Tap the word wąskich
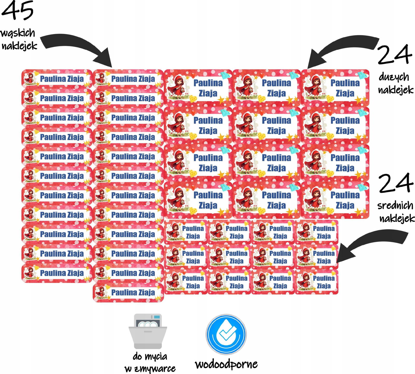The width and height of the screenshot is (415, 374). click(x=18, y=33)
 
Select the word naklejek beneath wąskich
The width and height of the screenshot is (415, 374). click(x=20, y=46)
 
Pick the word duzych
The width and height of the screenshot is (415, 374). click(x=394, y=77)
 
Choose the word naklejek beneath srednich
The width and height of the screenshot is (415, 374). click(x=397, y=218)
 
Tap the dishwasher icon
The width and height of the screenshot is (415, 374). click(x=148, y=331)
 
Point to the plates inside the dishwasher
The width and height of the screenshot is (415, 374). click(x=147, y=324)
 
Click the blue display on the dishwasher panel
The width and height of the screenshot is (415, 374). click(x=157, y=317)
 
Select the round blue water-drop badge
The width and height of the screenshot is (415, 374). click(x=226, y=334)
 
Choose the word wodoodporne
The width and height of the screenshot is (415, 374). click(x=226, y=364)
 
